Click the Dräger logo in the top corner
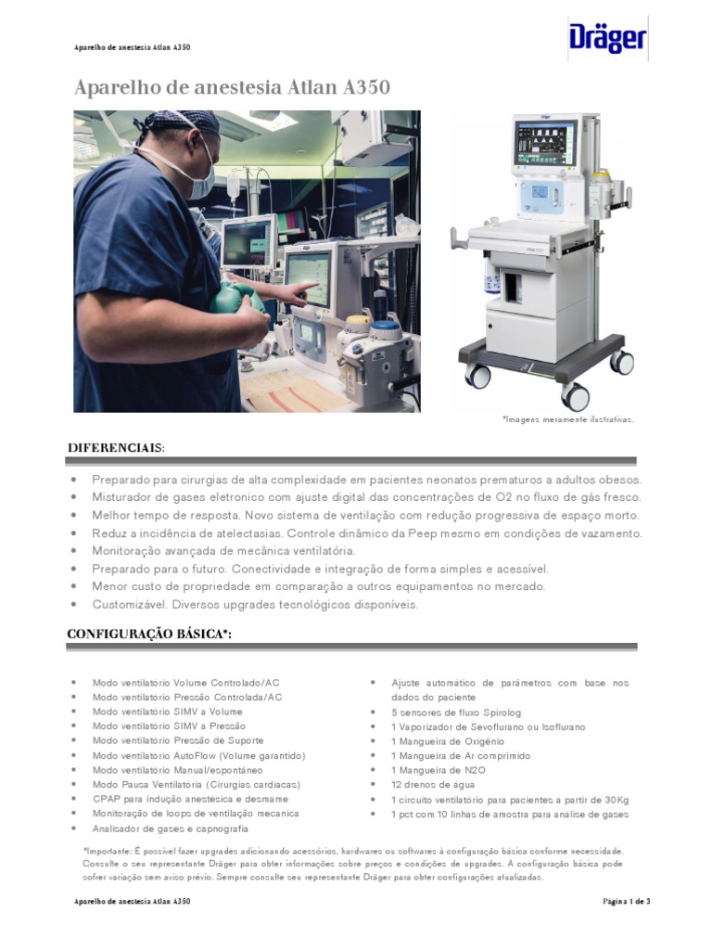[x=607, y=40]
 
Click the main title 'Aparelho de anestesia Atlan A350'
[x=232, y=88]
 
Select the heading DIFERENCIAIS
[x=116, y=448]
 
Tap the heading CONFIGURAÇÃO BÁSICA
[x=148, y=634]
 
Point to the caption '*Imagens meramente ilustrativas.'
[x=568, y=419]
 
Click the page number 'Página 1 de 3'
[x=627, y=901]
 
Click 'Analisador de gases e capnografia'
[x=171, y=828]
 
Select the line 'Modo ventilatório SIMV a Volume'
[x=168, y=712]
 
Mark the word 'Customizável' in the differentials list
[x=125, y=604]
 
